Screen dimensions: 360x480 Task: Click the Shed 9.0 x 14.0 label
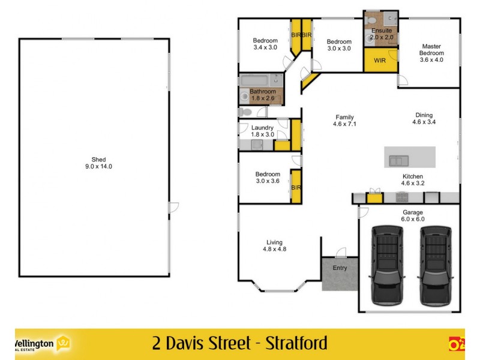(94, 163)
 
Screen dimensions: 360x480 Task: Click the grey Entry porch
(339, 274)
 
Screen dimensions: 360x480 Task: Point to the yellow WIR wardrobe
(380, 61)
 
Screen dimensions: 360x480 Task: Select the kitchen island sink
(398, 160)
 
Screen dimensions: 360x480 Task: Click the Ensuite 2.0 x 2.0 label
(382, 34)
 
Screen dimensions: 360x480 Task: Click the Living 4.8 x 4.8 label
(274, 245)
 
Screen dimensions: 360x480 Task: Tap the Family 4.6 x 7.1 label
(344, 121)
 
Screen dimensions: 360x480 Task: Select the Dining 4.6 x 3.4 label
(424, 118)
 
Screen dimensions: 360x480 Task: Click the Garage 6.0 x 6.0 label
(412, 216)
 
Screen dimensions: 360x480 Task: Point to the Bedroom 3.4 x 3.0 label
(265, 44)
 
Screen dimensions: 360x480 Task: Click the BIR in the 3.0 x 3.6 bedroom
(295, 187)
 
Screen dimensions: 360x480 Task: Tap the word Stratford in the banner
(289, 343)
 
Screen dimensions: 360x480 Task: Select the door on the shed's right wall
(173, 208)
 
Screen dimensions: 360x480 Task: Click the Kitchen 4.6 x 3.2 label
(412, 179)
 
